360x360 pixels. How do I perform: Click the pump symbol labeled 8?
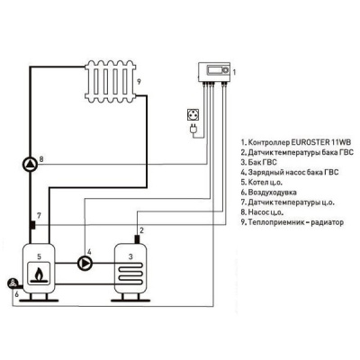point(31,162)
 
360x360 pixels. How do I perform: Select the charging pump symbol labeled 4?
point(85,264)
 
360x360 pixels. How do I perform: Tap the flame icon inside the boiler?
point(37,278)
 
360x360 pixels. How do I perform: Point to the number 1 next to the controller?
point(235,70)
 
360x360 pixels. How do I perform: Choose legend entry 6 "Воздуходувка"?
point(276,192)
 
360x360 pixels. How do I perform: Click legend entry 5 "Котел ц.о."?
point(271,182)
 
